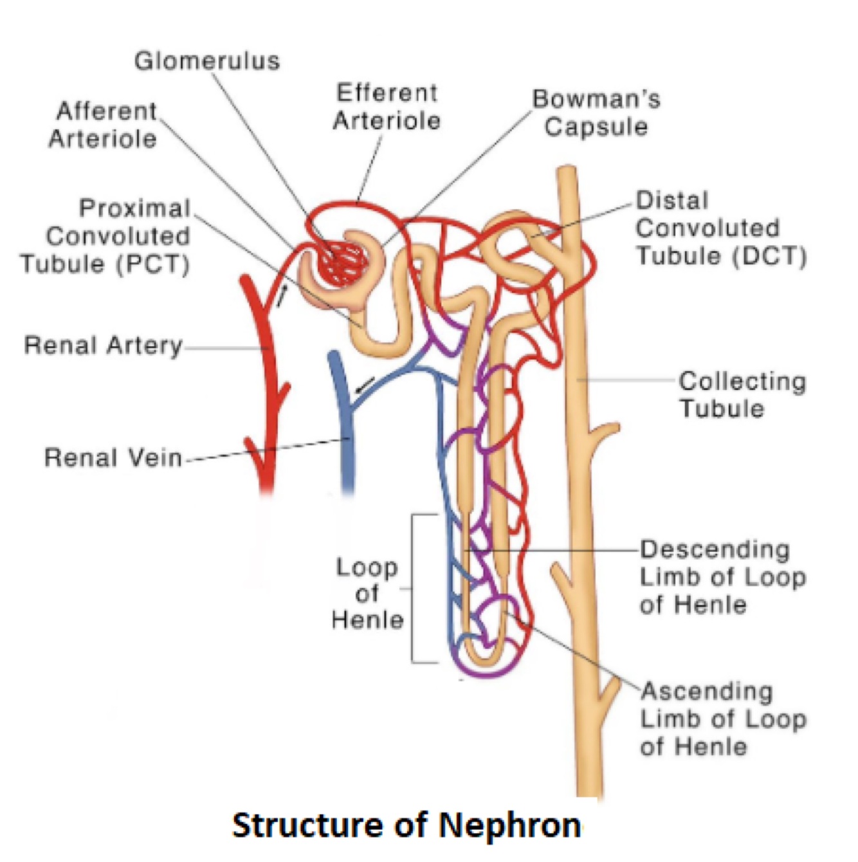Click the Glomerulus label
(207, 61)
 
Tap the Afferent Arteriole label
(104, 125)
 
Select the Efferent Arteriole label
(387, 107)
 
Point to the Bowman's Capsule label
(596, 113)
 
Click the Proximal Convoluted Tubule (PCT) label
(107, 235)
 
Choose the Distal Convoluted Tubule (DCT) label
(720, 228)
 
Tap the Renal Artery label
(104, 345)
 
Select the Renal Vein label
(113, 458)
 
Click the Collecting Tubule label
(742, 394)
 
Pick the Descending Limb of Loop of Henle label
(722, 577)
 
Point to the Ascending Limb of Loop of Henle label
(722, 719)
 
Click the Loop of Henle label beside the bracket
(367, 593)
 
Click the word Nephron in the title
(510, 825)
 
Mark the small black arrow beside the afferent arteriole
(282, 295)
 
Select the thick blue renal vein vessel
(345, 437)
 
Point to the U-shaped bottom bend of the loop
(483, 660)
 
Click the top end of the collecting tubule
(567, 172)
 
